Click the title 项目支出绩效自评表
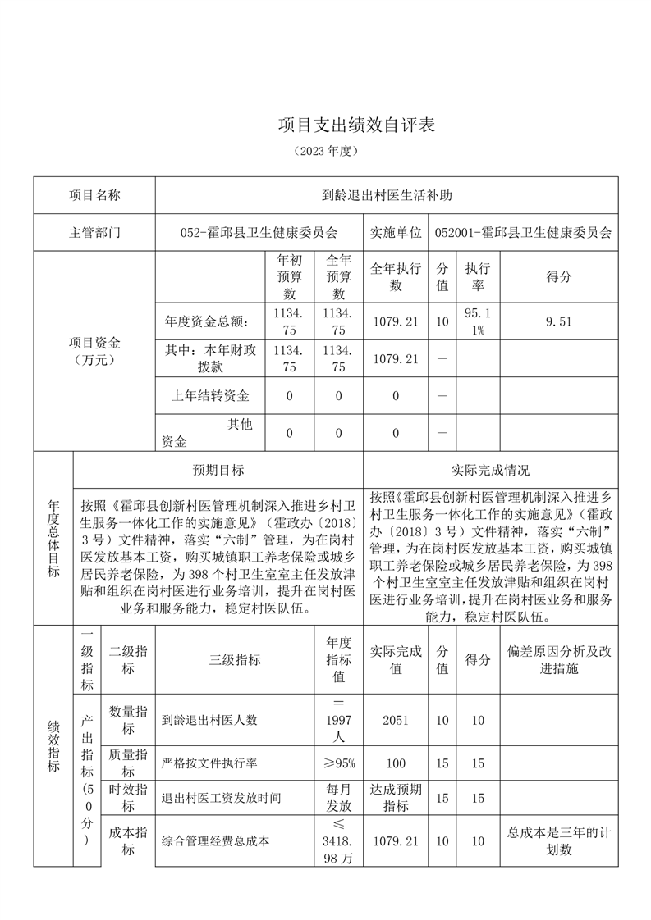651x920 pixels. tap(355, 125)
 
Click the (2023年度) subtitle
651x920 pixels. tap(326, 152)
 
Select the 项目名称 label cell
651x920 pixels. tap(94, 196)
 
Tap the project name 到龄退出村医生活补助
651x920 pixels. tap(387, 196)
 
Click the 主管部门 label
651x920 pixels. tap(94, 233)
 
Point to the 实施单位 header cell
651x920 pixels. tap(396, 233)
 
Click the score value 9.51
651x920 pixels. tap(558, 321)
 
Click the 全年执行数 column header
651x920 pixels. tap(396, 276)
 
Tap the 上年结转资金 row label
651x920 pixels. tap(210, 396)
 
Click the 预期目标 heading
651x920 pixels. tap(218, 471)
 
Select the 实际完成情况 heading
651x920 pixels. tap(490, 471)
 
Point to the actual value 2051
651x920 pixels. tap(396, 720)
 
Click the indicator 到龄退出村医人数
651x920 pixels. tap(210, 720)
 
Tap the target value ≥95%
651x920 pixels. tap(338, 763)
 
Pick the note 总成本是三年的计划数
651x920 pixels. tap(558, 841)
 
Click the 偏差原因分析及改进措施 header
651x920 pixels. tap(558, 660)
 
